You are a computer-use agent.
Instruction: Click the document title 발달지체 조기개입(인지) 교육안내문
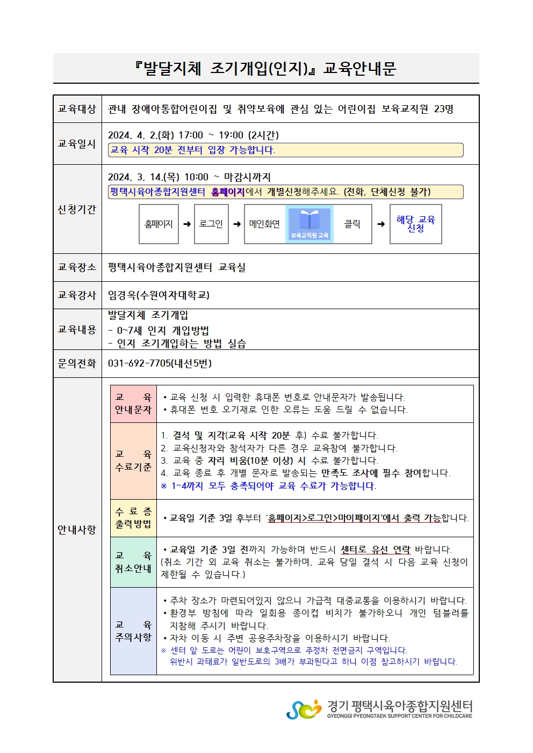coord(265,69)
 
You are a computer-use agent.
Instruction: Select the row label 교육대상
coord(77,109)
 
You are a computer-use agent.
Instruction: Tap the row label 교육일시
coord(77,144)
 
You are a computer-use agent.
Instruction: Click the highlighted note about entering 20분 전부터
coord(285,150)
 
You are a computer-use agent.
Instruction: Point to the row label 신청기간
coord(77,209)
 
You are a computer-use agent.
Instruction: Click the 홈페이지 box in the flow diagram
coord(159,224)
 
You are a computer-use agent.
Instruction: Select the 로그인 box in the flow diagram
coord(211,224)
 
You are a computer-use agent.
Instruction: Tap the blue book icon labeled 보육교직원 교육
coord(309,224)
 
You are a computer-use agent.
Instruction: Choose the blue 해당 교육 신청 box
coord(415,224)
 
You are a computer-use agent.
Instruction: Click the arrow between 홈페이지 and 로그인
coord(187,224)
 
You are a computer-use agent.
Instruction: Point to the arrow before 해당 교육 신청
coord(381,224)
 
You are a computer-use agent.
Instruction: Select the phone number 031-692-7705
coord(139,363)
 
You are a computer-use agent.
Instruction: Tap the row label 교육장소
coord(77,267)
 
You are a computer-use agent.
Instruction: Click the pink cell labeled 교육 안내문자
coord(133,404)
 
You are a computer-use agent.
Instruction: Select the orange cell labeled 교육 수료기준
coord(133,461)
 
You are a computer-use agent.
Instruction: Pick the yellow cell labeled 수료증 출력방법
coord(133,518)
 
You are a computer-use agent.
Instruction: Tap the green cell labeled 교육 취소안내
coord(133,562)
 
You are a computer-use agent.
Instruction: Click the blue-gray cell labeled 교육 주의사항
coord(133,631)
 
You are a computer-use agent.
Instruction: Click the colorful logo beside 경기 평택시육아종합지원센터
coord(304,710)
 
